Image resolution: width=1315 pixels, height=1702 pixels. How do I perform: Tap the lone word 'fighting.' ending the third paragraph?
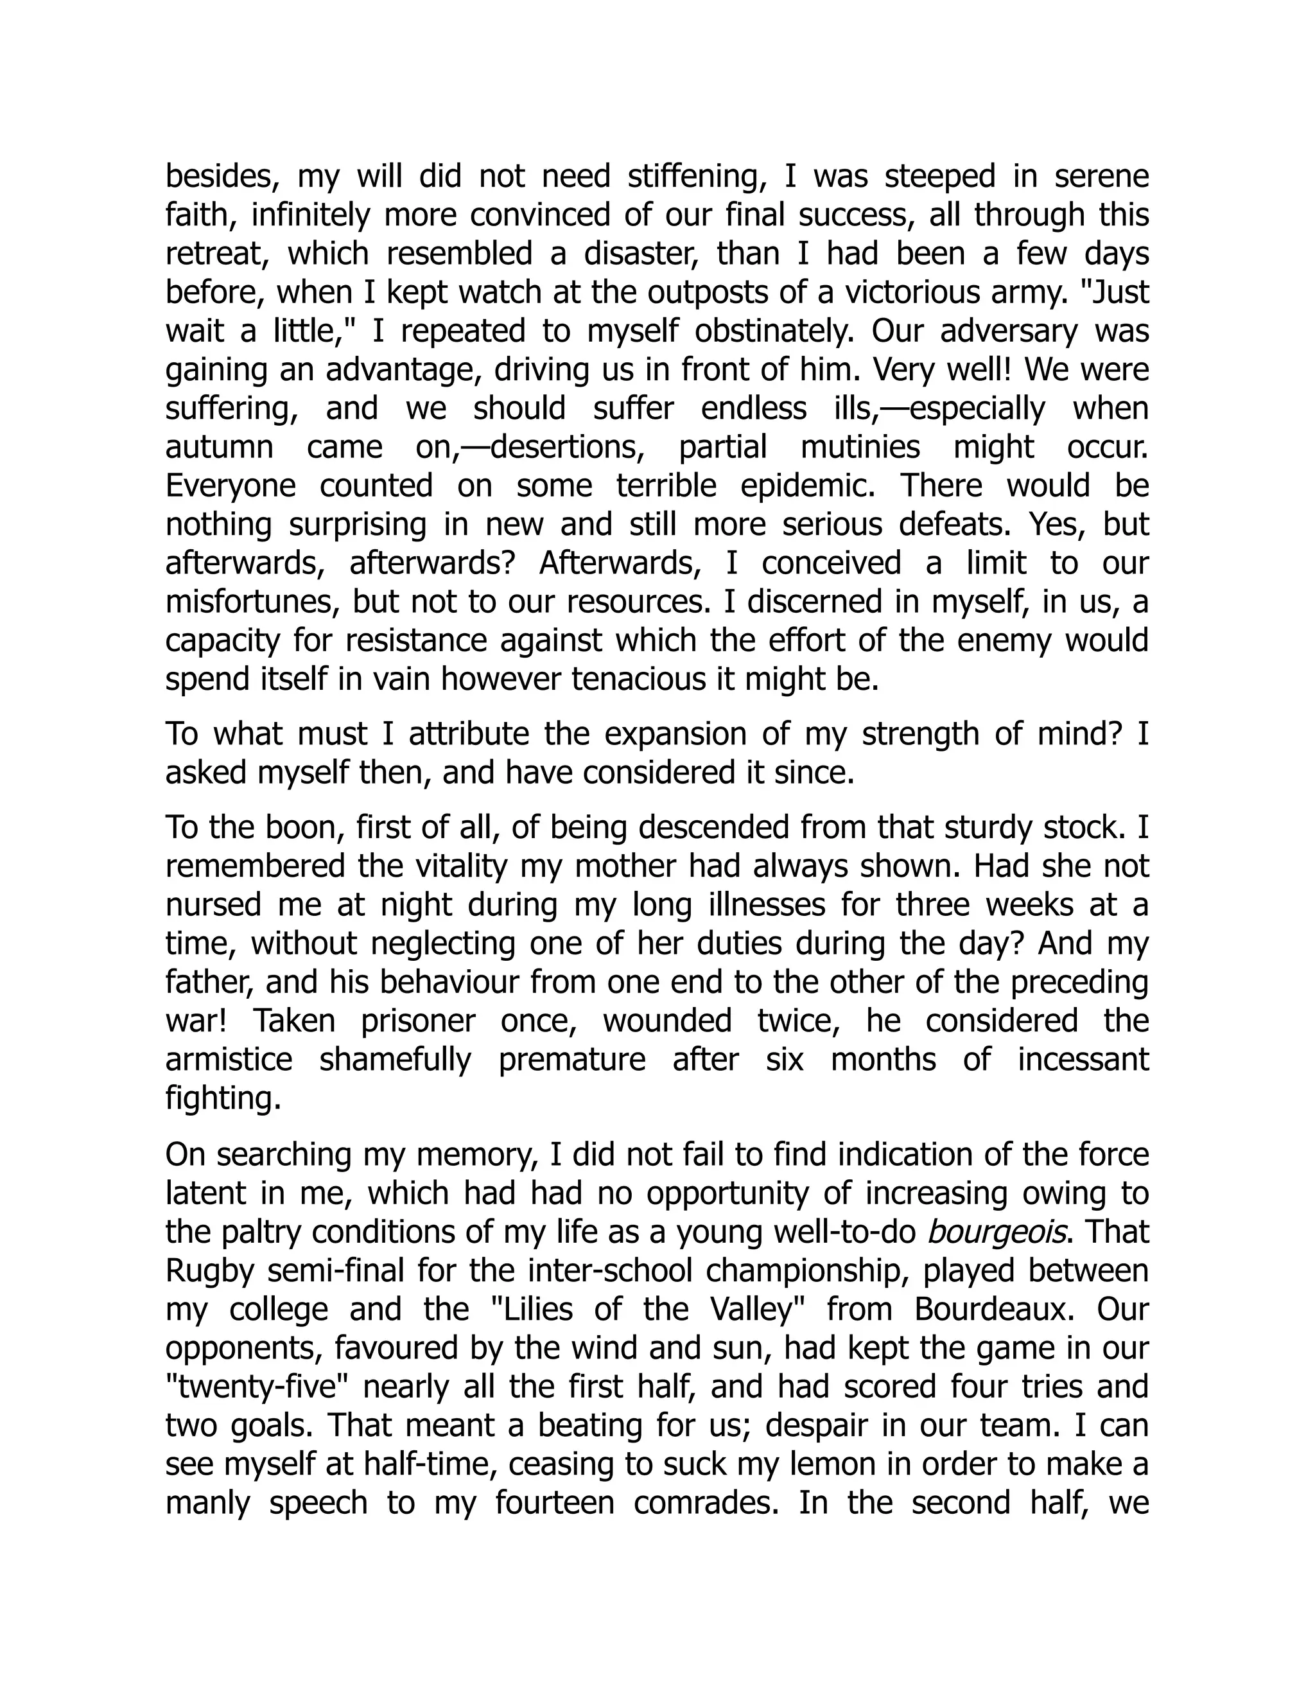click(223, 1099)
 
